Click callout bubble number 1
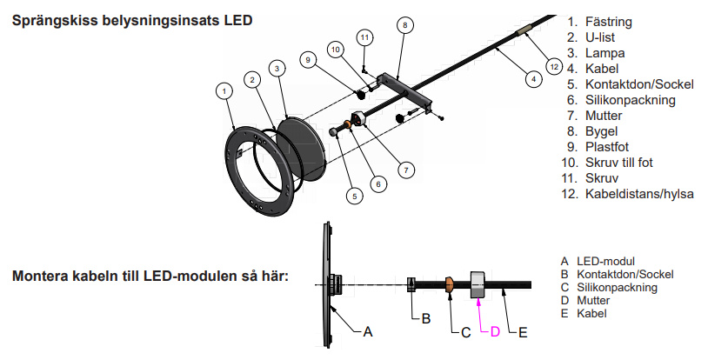pos(225,90)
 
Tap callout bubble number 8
pos(404,25)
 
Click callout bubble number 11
pos(364,37)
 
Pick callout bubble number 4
pos(532,78)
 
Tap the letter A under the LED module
pos(368,331)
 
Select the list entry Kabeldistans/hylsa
pos(639,193)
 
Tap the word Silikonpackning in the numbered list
pos(631,100)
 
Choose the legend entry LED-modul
pos(604,261)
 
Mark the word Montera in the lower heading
pos(42,277)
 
